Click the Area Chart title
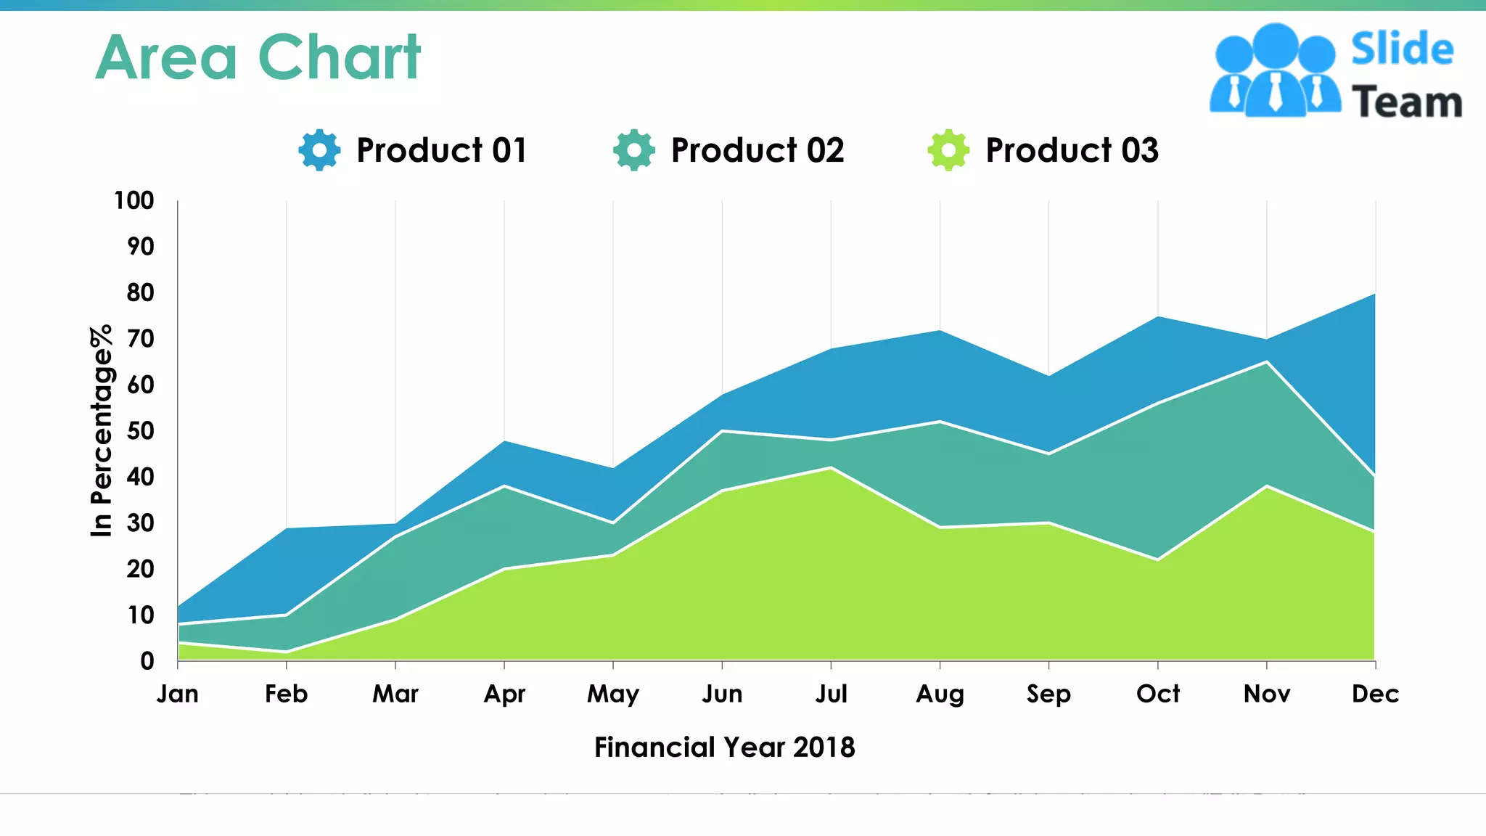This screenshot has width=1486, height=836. [258, 57]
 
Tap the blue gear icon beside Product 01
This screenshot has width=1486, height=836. [319, 150]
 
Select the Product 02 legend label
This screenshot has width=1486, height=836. [758, 150]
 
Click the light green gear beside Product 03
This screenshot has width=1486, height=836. [948, 150]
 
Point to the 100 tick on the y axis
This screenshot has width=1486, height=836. [134, 200]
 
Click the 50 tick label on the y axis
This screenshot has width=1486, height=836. [140, 431]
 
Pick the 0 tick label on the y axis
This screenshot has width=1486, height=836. [147, 661]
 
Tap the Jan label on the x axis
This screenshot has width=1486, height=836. [178, 694]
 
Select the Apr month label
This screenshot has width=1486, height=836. [504, 694]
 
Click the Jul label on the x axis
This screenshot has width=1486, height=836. [831, 694]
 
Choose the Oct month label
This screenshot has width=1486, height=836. [1158, 694]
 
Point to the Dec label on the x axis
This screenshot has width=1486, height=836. [1375, 694]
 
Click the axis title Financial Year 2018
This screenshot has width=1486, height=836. [724, 747]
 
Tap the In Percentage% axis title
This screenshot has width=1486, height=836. [102, 430]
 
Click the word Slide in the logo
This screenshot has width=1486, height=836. [1402, 49]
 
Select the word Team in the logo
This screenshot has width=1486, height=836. [1407, 102]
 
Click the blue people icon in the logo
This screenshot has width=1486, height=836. [1275, 70]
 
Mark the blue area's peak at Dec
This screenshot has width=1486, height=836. [1374, 295]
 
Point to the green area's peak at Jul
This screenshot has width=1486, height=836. [831, 469]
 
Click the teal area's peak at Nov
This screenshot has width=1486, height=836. [1267, 363]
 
